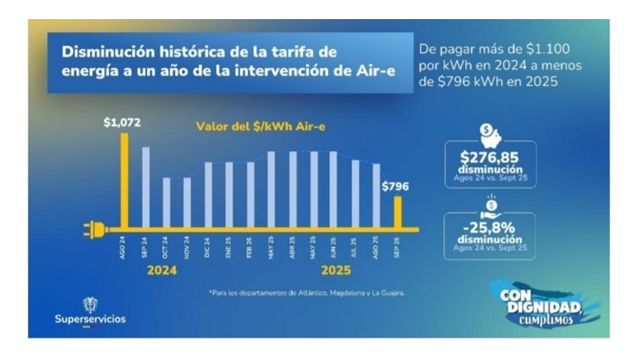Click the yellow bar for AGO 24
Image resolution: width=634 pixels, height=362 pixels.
(124, 180)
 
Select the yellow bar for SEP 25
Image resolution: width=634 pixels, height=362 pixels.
(397, 212)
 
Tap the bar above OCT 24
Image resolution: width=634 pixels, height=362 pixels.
(166, 203)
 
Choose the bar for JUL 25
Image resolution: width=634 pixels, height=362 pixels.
(355, 194)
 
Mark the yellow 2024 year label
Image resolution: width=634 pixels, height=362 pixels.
(163, 270)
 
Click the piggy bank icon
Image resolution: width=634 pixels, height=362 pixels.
(490, 136)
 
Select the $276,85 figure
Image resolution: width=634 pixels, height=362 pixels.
(490, 158)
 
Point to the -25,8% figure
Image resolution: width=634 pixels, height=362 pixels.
(490, 229)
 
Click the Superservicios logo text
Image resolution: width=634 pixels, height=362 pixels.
(91, 319)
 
